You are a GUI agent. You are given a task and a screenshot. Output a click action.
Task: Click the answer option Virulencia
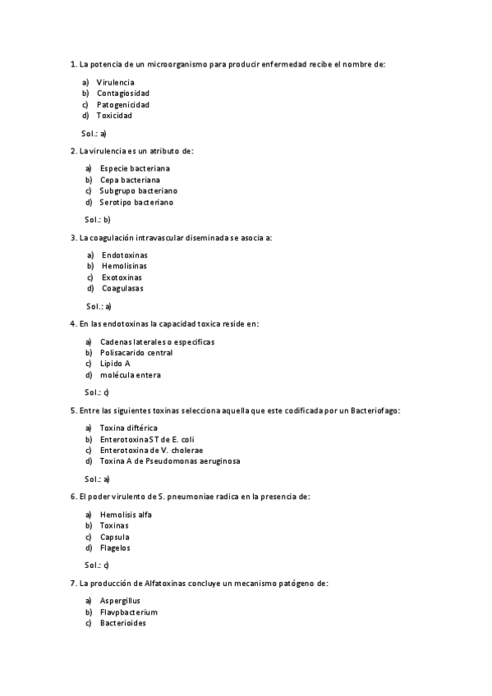point(115,82)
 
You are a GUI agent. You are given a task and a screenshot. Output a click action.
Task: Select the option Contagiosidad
point(122,94)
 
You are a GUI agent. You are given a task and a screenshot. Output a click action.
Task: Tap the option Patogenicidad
point(122,104)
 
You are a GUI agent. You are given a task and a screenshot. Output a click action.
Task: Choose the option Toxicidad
point(114,116)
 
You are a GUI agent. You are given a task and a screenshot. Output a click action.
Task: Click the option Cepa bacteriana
point(130,179)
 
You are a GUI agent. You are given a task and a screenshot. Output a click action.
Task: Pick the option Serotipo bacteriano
point(136,202)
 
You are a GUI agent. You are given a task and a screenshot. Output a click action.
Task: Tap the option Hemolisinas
point(125,266)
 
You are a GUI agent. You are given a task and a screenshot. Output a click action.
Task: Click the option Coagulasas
point(122,288)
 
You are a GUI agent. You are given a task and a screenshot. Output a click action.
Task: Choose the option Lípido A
point(115,364)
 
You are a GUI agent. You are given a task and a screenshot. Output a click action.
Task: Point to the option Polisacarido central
point(136,353)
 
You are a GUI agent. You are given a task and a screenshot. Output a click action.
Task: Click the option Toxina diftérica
point(128,428)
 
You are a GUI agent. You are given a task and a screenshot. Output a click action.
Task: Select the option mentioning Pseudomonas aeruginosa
point(170,461)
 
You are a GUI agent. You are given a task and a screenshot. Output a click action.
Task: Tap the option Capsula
point(115,537)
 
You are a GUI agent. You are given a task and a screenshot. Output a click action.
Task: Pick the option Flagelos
point(115,547)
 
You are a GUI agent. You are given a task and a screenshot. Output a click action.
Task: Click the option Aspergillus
point(120,601)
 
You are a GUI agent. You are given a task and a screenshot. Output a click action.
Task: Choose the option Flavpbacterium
point(128,612)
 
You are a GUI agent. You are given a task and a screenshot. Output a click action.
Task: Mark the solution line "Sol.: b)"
point(97,219)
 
